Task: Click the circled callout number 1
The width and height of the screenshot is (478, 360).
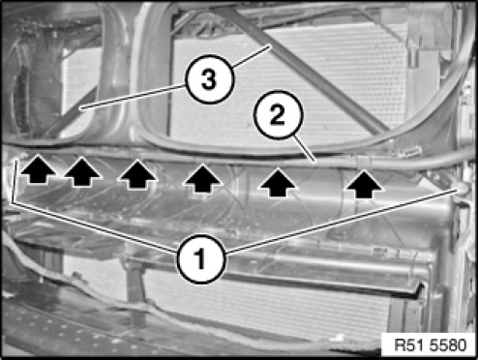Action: point(200,259)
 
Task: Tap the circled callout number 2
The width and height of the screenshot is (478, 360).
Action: point(278,115)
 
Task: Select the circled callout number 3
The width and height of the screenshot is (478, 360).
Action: point(209,80)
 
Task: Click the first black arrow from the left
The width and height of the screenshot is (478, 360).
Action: point(39,169)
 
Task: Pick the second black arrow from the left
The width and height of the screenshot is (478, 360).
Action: point(82,171)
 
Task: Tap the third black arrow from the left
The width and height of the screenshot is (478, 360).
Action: point(138,174)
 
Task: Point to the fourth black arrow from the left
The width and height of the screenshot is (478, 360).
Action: point(202,178)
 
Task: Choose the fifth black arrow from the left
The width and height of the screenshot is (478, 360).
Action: point(278,183)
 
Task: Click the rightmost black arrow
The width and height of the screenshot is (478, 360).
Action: point(364,185)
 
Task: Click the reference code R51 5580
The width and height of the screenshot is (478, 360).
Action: point(430,345)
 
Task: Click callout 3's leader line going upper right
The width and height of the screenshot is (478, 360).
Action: point(251,56)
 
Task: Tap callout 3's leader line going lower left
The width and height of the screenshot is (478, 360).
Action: point(134,97)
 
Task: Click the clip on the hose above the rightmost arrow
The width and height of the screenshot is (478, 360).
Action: point(362,162)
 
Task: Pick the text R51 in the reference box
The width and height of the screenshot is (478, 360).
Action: point(407,345)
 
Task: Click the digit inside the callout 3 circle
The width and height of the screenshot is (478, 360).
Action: point(209,80)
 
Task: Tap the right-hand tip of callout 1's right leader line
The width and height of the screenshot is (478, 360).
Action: point(457,190)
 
